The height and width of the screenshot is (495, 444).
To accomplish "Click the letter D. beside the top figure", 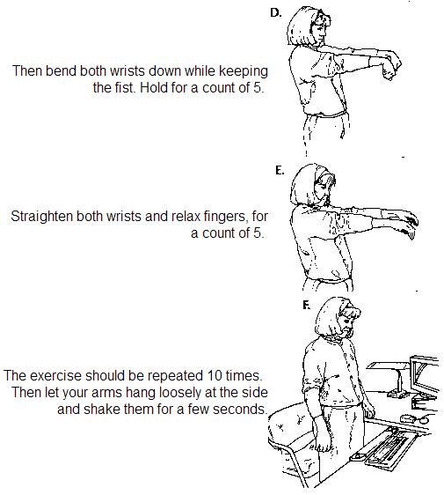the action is pos(276,12).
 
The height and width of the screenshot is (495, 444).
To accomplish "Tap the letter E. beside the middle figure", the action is pos(280,171).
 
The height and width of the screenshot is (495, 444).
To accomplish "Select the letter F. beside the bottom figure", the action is pos(306,305).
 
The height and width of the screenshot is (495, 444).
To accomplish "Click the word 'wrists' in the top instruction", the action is pos(127,70).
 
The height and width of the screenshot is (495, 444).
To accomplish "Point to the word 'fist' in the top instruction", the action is pos(123,87).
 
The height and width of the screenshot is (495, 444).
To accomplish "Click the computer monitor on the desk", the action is pos(425,376).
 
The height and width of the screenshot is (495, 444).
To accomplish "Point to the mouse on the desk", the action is pos(409,418).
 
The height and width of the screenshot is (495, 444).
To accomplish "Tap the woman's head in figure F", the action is pos(338,318).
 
